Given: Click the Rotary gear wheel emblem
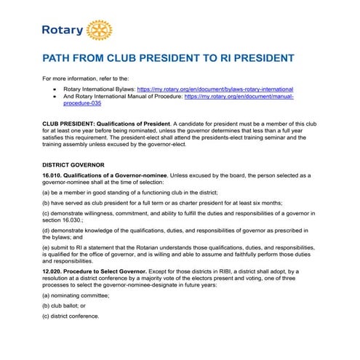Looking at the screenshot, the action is [99, 30].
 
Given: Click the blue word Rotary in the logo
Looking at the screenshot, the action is [63, 31].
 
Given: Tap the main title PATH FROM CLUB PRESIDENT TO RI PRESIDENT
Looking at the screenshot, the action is [168, 58].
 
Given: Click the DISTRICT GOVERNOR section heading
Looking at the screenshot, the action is [73, 164].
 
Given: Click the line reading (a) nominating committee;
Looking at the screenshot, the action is [78, 297].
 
